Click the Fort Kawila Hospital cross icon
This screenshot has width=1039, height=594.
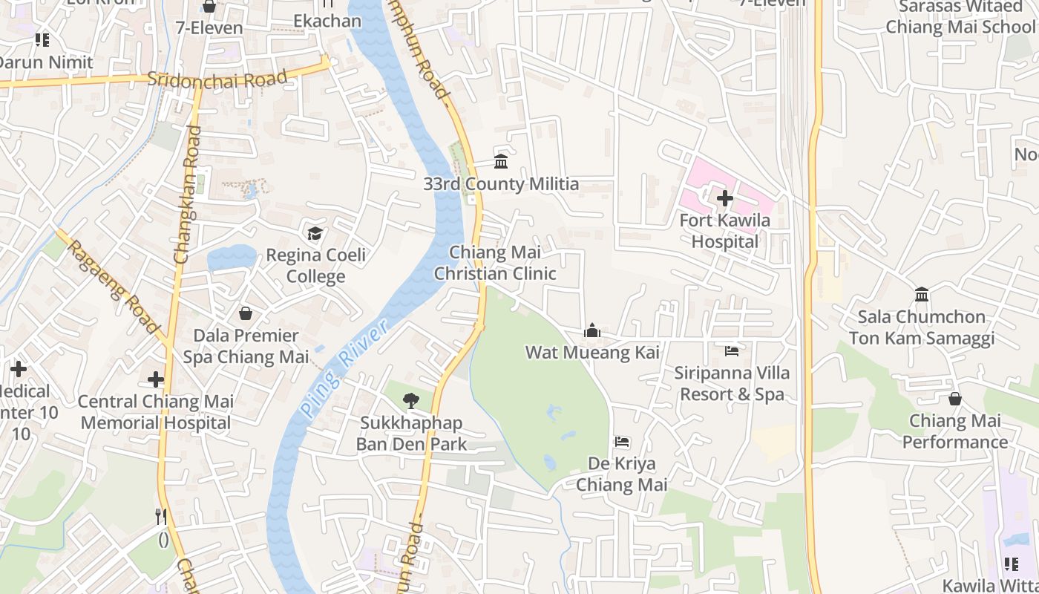click(725, 198)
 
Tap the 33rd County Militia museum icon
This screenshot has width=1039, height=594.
click(501, 161)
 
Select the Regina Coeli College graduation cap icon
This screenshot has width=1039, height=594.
click(315, 234)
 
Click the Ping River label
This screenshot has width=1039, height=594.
click(344, 369)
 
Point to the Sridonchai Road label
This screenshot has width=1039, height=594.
click(217, 79)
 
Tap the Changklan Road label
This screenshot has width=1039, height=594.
click(187, 195)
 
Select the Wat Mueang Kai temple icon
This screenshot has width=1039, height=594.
click(592, 330)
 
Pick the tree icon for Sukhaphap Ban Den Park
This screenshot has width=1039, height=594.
click(410, 401)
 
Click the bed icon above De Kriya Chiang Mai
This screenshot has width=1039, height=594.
click(622, 442)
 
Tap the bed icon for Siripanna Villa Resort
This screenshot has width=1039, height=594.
click(732, 350)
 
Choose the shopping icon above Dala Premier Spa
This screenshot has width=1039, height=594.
click(246, 313)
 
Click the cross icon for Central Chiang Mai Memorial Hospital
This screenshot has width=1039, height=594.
click(156, 379)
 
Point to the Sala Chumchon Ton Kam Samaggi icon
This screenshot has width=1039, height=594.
click(922, 294)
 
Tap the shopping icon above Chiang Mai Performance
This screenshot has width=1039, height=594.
click(955, 399)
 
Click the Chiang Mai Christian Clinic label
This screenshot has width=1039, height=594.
click(495, 263)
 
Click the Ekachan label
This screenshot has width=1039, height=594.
click(327, 20)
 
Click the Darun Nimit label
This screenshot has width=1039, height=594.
click(46, 62)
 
